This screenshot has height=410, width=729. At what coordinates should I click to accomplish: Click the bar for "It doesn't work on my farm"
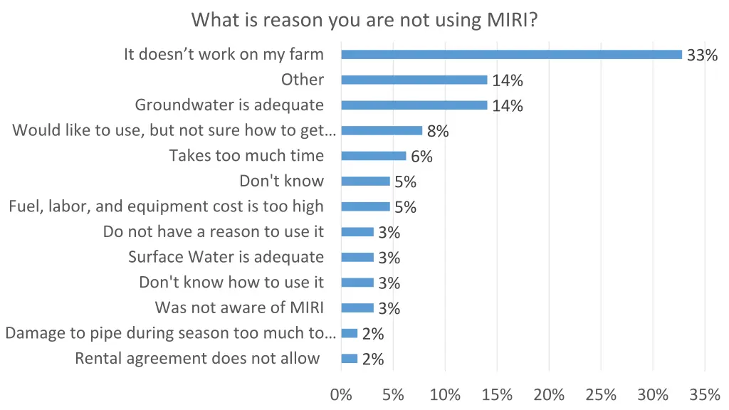point(511,54)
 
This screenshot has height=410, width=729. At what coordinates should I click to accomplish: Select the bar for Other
point(414,80)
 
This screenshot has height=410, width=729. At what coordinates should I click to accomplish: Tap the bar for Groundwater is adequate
point(414,105)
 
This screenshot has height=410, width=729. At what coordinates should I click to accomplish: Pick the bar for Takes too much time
point(374,156)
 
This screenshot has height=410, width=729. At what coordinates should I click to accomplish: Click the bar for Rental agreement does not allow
point(350,359)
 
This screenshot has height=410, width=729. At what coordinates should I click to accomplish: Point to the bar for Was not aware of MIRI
point(357,308)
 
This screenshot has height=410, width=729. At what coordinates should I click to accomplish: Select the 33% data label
point(702,55)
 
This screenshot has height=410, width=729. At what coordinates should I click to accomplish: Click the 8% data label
point(438,131)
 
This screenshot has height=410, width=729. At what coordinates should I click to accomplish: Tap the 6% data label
point(421,157)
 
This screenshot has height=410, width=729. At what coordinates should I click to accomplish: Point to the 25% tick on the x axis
point(601,395)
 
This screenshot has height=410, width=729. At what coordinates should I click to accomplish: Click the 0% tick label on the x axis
point(341,395)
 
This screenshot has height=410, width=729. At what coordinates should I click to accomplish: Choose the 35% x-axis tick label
point(705,395)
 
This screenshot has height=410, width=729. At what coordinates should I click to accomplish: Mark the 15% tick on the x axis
point(497,395)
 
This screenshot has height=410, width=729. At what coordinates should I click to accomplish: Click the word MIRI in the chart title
point(511,19)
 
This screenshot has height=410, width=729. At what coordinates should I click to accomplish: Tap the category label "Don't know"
point(281,181)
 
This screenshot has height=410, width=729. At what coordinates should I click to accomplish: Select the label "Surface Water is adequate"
point(226,257)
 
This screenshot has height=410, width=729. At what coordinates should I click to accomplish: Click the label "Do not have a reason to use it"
point(213,231)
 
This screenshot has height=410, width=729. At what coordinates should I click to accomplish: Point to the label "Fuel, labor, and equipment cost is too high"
point(166,206)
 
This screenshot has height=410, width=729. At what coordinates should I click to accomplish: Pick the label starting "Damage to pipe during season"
point(170,333)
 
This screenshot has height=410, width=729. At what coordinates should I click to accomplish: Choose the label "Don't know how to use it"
point(231,283)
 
